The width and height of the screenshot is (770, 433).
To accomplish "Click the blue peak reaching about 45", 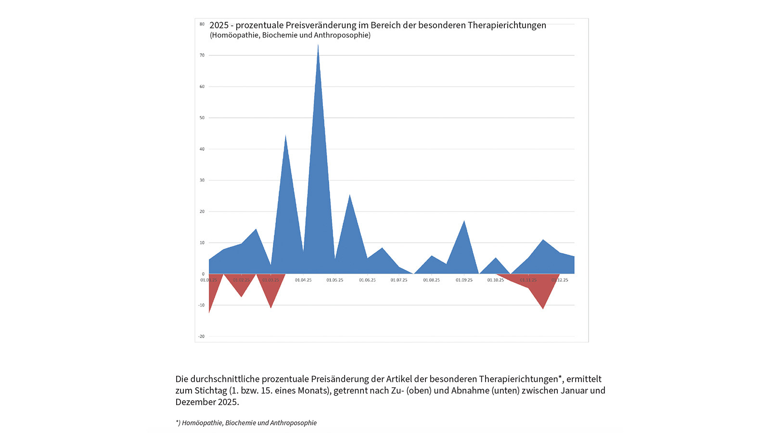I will pos(285,137).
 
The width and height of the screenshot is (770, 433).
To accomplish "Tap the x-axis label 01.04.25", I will pos(303,280).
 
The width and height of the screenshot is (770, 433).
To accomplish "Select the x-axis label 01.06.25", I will pos(367,280).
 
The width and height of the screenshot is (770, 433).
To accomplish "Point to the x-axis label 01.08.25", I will pos(431,280).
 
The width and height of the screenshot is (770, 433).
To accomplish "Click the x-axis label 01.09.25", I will pos(464,280).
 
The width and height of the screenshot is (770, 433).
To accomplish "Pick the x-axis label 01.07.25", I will pos(399,280).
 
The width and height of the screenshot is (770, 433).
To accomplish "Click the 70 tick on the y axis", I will pos(202,55).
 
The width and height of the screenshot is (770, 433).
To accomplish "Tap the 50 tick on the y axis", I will pos(202,118).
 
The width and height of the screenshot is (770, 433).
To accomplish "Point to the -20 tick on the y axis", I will pos(201,336).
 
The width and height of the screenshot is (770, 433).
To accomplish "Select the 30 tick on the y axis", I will pos(202,180).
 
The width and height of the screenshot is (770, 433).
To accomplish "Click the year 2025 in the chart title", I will pos(219,25).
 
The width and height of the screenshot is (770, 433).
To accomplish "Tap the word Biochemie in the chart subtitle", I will pos(278,35).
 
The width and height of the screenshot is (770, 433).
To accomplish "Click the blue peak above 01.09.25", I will pos(464,221).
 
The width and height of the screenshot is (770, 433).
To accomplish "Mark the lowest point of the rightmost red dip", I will pos(543,308).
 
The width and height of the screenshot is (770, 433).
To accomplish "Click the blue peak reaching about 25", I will pos(349,195).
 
